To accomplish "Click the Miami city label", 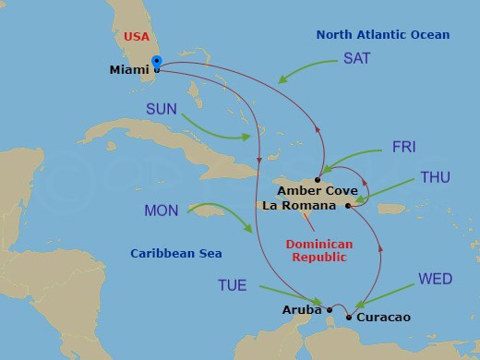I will click(129, 69).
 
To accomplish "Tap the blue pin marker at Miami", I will click(156, 63).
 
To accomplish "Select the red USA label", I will click(135, 36).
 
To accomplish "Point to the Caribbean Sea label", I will click(176, 253).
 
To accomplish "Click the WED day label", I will click(435, 278).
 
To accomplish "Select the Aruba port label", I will click(302, 310).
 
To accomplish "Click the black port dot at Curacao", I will click(348, 318).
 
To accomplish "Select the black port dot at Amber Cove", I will click(317, 179).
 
